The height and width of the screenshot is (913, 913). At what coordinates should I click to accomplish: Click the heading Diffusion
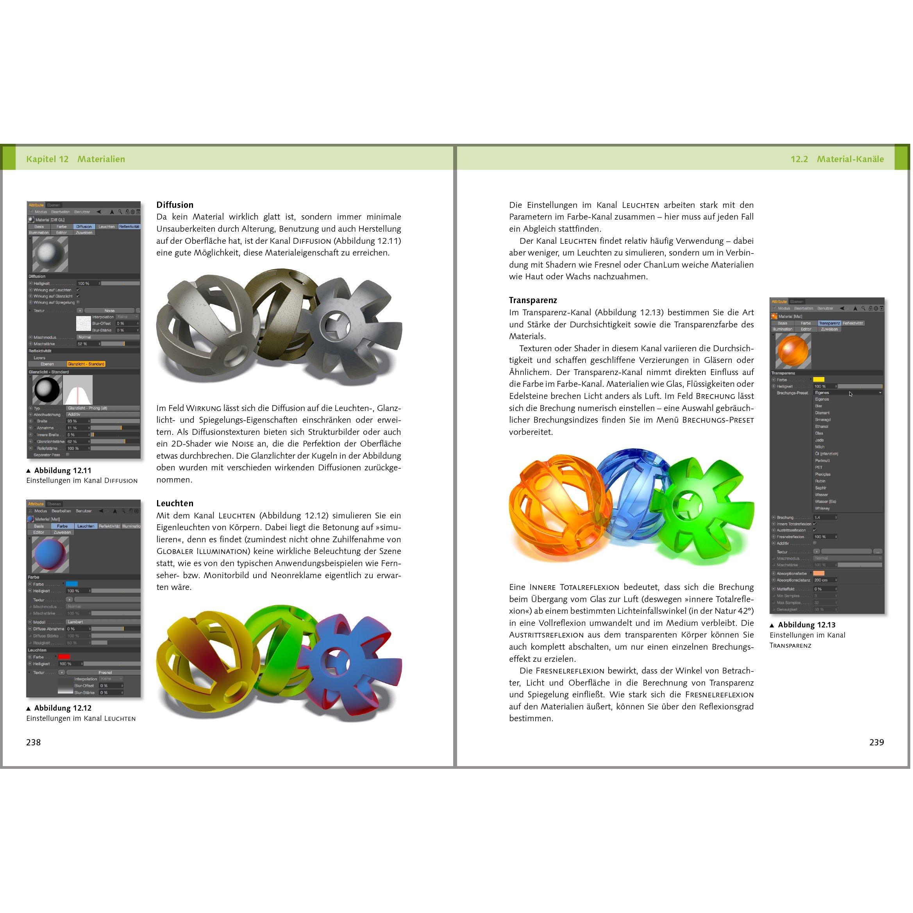coord(175,205)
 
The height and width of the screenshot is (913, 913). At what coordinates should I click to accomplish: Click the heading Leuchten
coord(175,503)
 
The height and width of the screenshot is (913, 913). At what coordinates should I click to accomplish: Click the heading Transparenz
coord(532,300)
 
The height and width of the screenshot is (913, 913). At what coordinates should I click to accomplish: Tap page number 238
coord(34,742)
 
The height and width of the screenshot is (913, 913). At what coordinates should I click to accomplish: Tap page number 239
coord(876,742)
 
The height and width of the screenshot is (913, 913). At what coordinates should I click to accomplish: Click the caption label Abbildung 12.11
coord(63,470)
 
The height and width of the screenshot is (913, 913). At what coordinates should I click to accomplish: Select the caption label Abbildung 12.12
coord(63,708)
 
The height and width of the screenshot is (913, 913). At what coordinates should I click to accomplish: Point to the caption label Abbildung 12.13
coord(806,625)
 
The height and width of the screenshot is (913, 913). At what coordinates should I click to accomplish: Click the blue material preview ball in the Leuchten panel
coord(50,554)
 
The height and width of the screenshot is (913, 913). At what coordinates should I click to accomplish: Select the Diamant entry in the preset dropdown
coord(822,413)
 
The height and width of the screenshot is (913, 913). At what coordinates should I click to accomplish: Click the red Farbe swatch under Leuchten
coord(64,656)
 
